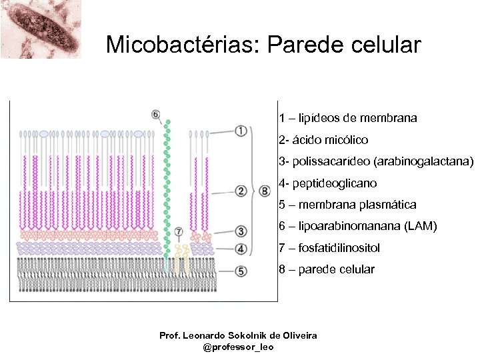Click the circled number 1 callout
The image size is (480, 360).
pyautogui.click(x=241, y=131)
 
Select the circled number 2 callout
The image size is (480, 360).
pyautogui.click(x=241, y=192)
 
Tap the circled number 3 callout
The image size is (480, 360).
pyautogui.click(x=241, y=231)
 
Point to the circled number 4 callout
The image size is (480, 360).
pyautogui.click(x=241, y=249)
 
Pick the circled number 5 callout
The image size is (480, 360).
pyautogui.click(x=241, y=271)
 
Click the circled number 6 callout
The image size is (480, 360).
pyautogui.click(x=155, y=114)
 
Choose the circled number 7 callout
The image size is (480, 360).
pyautogui.click(x=178, y=232)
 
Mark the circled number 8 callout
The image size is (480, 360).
pyautogui.click(x=265, y=192)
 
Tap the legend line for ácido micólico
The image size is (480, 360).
pyautogui.click(x=323, y=140)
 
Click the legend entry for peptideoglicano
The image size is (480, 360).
pyautogui.click(x=327, y=183)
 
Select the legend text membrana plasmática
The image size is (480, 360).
pyautogui.click(x=357, y=205)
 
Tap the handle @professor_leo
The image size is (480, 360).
pyautogui.click(x=238, y=347)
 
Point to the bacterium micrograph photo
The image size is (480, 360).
pyautogui.click(x=40, y=29)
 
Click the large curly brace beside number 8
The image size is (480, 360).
pyautogui.click(x=253, y=192)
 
